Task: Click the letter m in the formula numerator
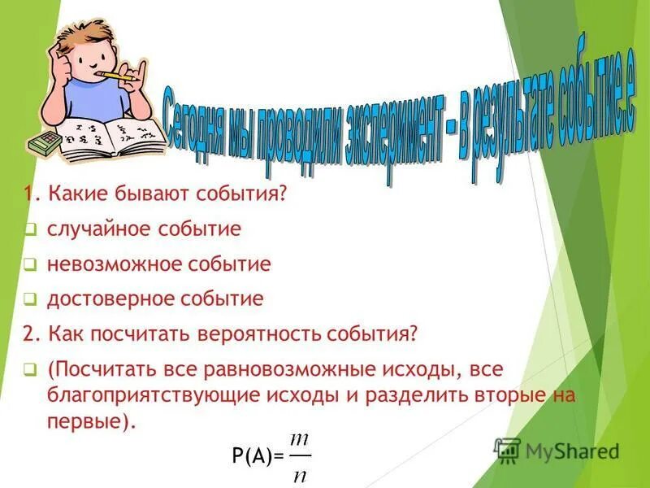tap(300, 439)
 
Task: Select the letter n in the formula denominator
tap(300, 474)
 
